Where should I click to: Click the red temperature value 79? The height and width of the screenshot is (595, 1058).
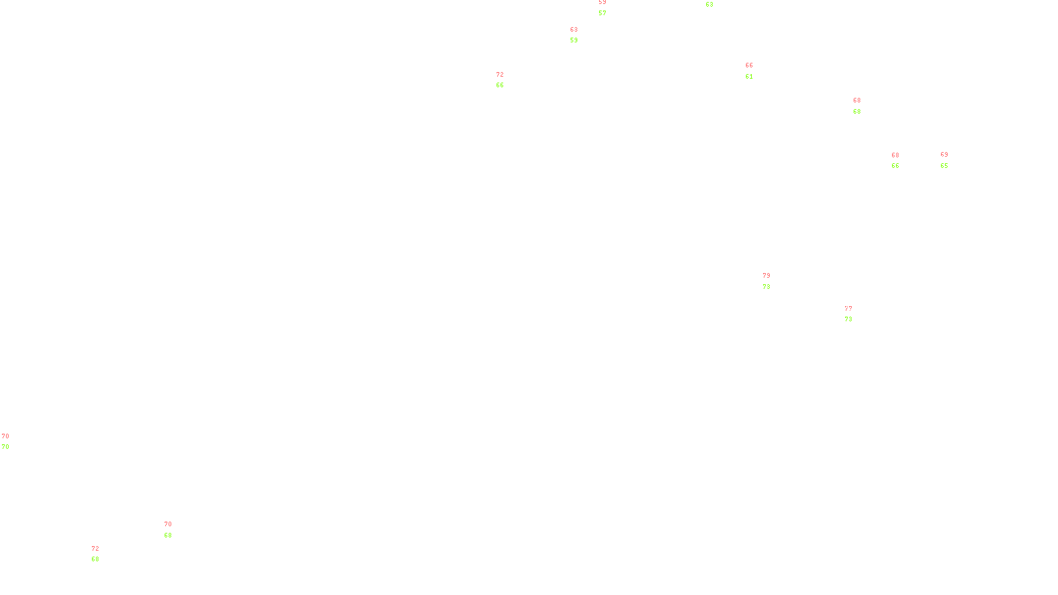coord(766,276)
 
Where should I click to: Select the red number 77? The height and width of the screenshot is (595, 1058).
coord(848,309)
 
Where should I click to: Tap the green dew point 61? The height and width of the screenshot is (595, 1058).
coord(749,77)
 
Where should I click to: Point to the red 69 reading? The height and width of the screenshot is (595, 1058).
coord(944,155)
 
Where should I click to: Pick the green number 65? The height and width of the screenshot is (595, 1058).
coord(944,166)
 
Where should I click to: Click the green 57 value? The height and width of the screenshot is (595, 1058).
coord(602,13)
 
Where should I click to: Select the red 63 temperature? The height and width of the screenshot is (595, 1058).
coord(574,30)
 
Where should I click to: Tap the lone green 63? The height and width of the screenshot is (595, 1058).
coord(710,5)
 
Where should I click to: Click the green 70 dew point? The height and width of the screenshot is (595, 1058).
coord(5,447)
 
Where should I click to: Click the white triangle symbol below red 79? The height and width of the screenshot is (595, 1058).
coord(766,282)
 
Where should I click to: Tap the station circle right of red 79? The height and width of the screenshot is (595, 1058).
coord(772,281)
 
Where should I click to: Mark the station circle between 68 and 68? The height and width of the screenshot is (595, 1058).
coord(863,106)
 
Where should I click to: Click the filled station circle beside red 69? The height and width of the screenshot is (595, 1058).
coord(950,160)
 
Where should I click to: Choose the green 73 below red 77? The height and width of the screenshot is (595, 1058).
coord(848,319)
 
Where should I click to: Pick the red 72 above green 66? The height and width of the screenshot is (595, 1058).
coord(500,75)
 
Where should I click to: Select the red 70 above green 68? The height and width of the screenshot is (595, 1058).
coord(168,524)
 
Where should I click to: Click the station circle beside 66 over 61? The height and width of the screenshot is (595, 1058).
coord(756,71)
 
